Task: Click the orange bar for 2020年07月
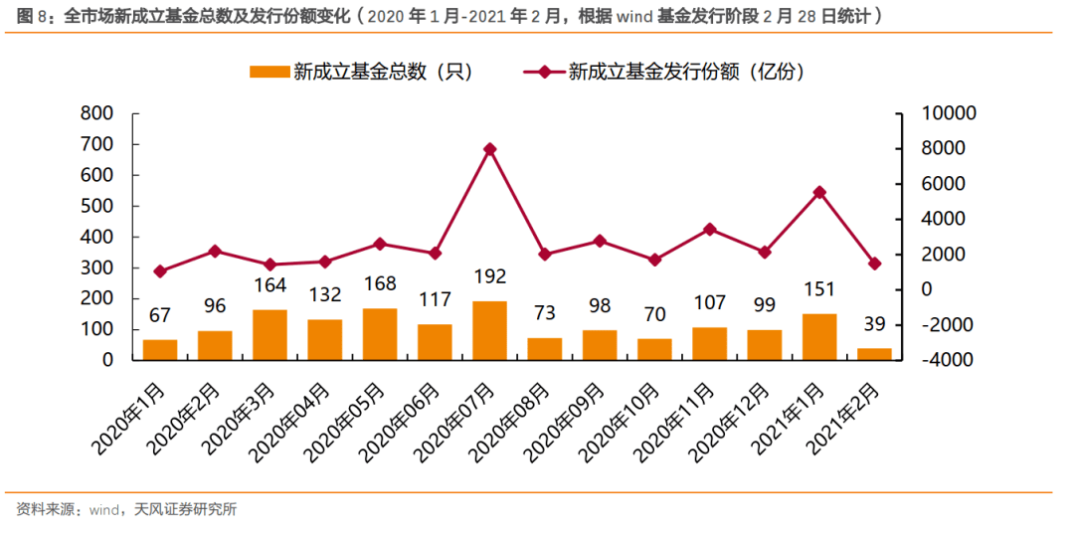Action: click(x=489, y=331)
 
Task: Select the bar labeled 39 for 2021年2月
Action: click(x=874, y=354)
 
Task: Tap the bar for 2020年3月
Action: click(x=269, y=335)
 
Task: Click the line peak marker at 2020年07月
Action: click(x=489, y=149)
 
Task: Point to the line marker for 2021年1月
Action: click(x=819, y=192)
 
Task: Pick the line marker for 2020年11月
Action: click(x=709, y=230)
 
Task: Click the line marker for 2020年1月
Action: click(x=160, y=271)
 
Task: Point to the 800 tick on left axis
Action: click(x=97, y=113)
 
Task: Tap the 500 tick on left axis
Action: click(x=97, y=206)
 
